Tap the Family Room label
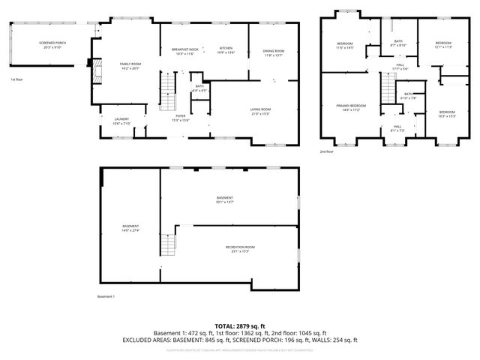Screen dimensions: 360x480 click(x=130, y=66)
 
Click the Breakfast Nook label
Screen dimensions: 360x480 click(x=184, y=51)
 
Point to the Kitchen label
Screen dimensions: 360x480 click(x=226, y=51)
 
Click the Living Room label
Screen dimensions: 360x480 click(x=260, y=112)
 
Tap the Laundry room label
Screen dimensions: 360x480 click(x=121, y=121)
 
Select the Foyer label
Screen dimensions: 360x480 click(x=181, y=118)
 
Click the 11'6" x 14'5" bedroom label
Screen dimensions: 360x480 click(x=344, y=45)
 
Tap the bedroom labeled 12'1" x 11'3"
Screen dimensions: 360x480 click(x=443, y=45)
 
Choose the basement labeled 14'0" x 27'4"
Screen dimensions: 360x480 click(x=130, y=228)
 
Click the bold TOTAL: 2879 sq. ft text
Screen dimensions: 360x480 click(x=240, y=325)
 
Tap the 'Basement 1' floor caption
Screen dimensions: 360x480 click(x=106, y=297)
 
